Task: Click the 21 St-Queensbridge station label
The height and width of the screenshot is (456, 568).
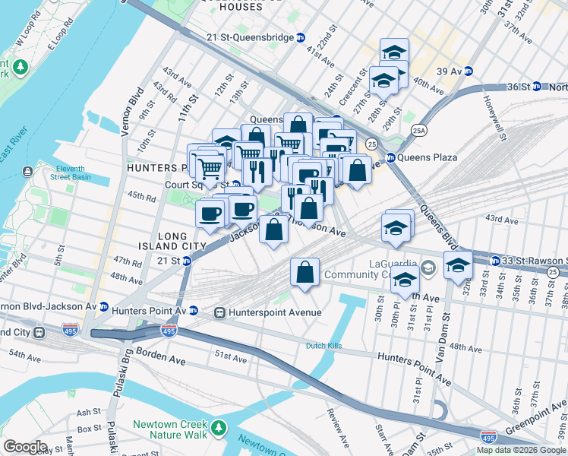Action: coord(250,36)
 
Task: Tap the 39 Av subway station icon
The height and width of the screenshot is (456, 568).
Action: coord(469,71)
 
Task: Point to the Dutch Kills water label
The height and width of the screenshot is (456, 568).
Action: coord(326,346)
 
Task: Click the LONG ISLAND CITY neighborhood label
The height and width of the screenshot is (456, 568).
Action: coord(171,242)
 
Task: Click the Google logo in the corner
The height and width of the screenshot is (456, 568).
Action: coord(25,447)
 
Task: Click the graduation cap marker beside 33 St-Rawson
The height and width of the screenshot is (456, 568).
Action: coord(458,266)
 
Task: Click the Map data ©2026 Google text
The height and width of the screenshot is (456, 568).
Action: coord(522,450)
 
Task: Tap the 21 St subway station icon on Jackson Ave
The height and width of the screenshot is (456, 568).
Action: coord(188,260)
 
